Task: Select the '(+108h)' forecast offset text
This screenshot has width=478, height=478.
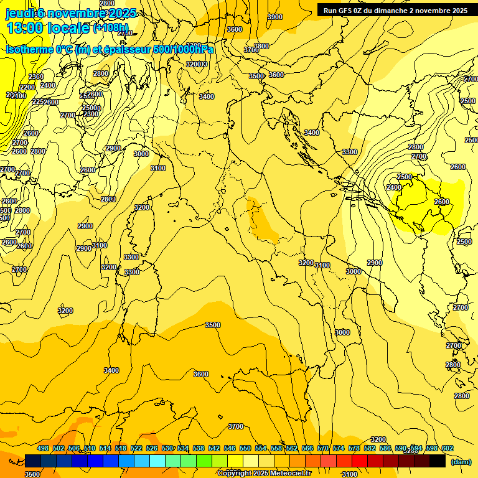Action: [111, 28]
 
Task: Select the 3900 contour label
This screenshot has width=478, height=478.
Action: [274, 17]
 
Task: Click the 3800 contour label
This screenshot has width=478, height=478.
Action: [261, 46]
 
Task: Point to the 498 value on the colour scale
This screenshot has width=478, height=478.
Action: [43, 449]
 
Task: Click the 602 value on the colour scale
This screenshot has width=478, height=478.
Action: [448, 449]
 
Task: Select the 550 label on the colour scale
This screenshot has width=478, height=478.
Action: [245, 449]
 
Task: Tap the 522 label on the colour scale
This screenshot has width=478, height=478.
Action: [136, 449]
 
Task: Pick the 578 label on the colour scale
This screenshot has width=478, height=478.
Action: [354, 449]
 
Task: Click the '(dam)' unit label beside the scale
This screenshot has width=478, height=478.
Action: [461, 461]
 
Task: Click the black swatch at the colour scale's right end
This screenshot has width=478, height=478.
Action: [438, 461]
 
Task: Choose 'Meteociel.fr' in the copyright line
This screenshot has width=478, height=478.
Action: [291, 474]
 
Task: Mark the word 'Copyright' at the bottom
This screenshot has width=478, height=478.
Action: [235, 474]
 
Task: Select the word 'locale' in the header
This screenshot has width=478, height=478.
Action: [67, 28]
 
